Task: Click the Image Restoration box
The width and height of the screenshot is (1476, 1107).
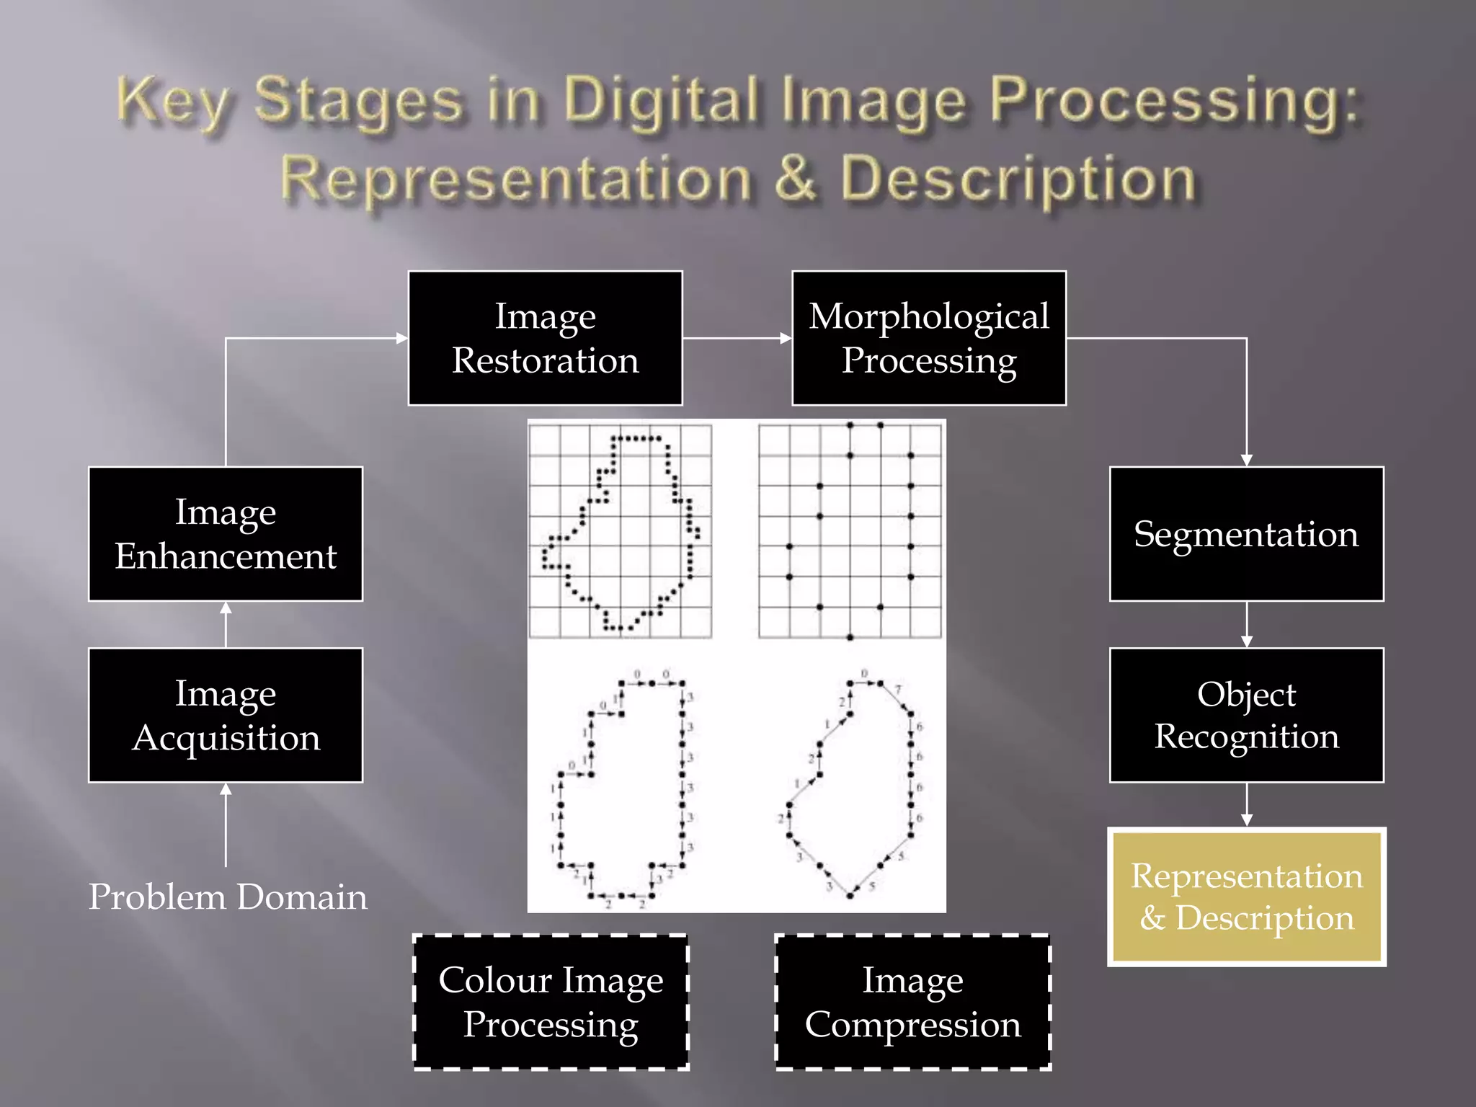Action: click(x=545, y=338)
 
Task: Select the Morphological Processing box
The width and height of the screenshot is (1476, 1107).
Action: click(x=928, y=338)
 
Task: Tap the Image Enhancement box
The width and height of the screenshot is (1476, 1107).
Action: click(x=226, y=534)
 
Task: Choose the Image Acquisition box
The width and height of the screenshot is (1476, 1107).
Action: click(x=226, y=715)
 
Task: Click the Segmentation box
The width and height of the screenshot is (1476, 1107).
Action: click(x=1246, y=534)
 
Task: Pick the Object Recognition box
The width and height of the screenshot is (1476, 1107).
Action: click(x=1246, y=715)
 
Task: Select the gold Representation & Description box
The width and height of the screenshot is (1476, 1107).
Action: click(x=1246, y=897)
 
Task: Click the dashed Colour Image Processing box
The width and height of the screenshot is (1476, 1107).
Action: click(x=551, y=1002)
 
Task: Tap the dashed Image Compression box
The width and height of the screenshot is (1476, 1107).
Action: click(x=912, y=1002)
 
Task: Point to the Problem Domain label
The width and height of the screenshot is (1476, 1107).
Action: click(x=228, y=897)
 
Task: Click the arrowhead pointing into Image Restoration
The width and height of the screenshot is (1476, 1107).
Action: click(x=401, y=338)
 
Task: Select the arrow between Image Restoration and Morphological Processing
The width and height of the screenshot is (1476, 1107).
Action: click(x=737, y=338)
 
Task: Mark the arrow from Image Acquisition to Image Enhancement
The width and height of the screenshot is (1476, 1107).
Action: click(x=226, y=624)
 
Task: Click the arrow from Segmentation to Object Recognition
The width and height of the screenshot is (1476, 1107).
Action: click(x=1246, y=625)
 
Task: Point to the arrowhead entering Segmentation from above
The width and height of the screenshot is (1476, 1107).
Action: click(x=1246, y=460)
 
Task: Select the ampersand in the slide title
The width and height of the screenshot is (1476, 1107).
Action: click(x=796, y=178)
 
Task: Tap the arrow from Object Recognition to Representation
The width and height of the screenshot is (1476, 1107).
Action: click(x=1246, y=805)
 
